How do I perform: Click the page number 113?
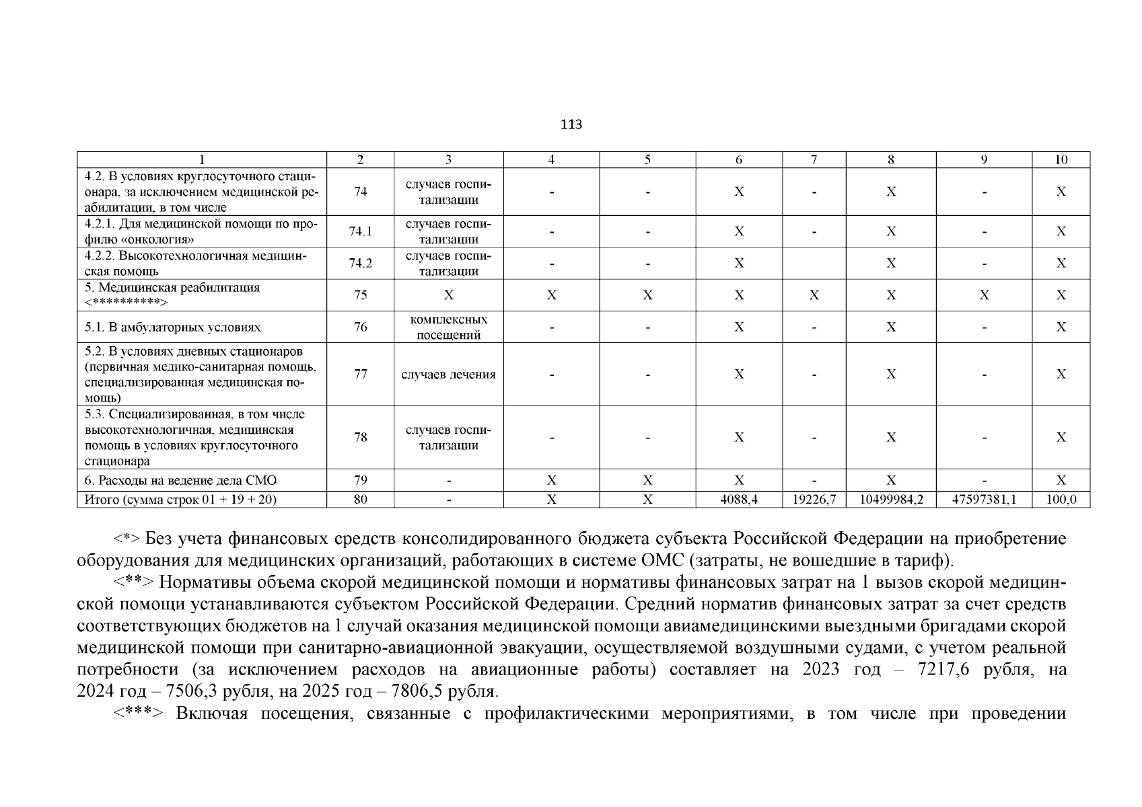click(571, 124)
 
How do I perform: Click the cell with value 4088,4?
click(738, 500)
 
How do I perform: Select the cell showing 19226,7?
click(814, 500)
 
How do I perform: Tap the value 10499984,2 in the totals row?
click(890, 500)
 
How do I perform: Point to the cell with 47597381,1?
click(983, 500)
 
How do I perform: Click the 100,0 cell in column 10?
click(1061, 500)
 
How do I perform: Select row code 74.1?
click(360, 231)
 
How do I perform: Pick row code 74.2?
click(360, 263)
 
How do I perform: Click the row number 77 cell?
click(360, 374)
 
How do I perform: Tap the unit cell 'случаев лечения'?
click(448, 375)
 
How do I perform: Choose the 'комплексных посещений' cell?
click(448, 327)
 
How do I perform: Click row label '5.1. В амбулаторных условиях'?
click(173, 328)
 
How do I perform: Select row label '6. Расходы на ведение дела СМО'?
click(180, 480)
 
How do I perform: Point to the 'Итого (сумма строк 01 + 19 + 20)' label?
click(180, 500)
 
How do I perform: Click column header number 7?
click(814, 159)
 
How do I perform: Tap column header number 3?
click(448, 159)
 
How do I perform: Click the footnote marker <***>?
click(137, 714)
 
